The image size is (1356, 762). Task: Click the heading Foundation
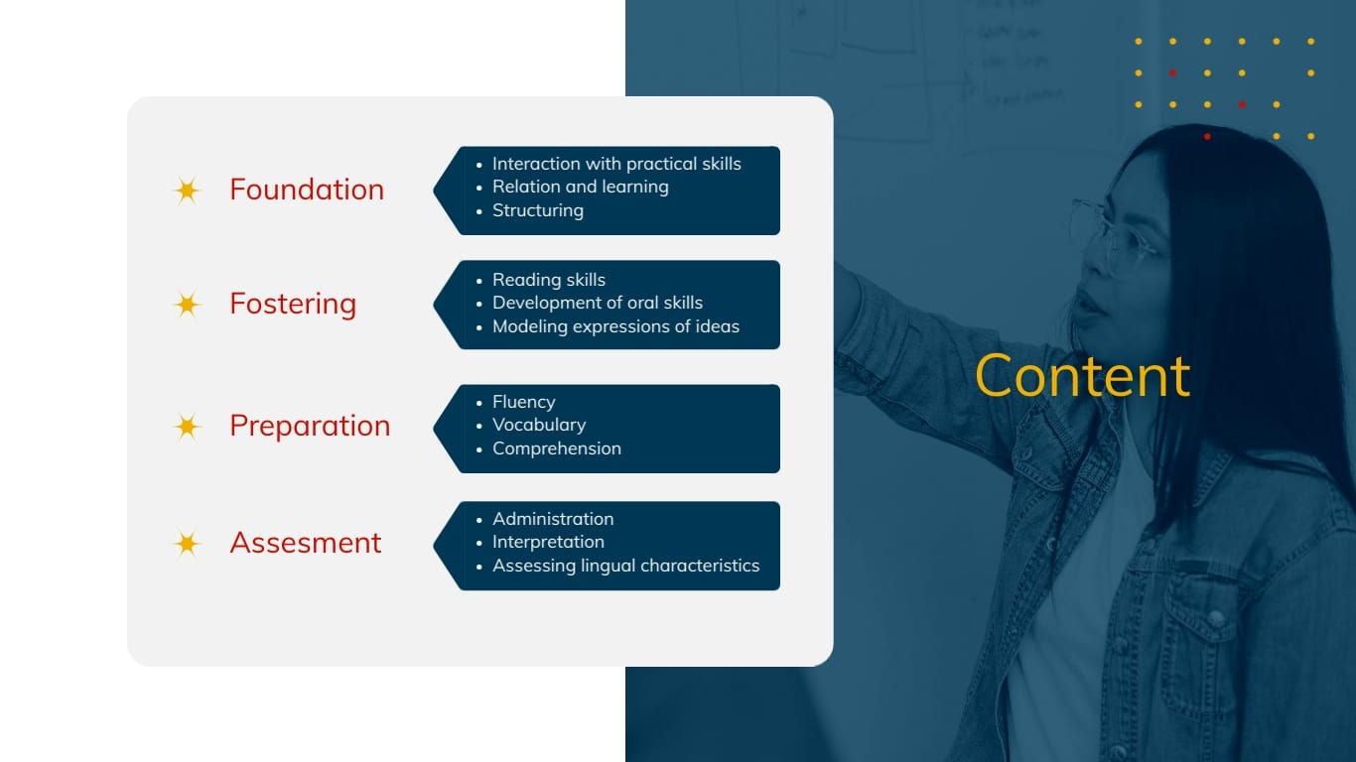pyautogui.click(x=307, y=190)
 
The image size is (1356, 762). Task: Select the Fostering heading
pyautogui.click(x=293, y=304)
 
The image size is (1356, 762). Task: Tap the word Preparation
pyautogui.click(x=310, y=426)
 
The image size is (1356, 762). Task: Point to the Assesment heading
pyautogui.click(x=306, y=543)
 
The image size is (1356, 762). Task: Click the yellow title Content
pyautogui.click(x=1082, y=376)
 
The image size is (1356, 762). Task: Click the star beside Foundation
pyautogui.click(x=187, y=190)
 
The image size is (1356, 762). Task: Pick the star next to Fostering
pyautogui.click(x=187, y=305)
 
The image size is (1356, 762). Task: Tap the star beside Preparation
pyautogui.click(x=187, y=427)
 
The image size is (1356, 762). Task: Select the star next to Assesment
pyautogui.click(x=187, y=544)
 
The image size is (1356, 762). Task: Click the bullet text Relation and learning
pyautogui.click(x=581, y=187)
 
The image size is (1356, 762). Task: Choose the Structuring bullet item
pyautogui.click(x=538, y=210)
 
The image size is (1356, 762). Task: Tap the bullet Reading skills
pyautogui.click(x=549, y=280)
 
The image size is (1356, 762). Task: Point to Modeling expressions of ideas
pyautogui.click(x=615, y=326)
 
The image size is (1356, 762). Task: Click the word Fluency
pyautogui.click(x=523, y=402)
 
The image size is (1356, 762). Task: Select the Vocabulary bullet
pyautogui.click(x=539, y=425)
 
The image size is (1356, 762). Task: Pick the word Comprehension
pyautogui.click(x=557, y=448)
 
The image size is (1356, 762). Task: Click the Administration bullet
pyautogui.click(x=553, y=519)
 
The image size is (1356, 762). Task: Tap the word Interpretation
pyautogui.click(x=548, y=542)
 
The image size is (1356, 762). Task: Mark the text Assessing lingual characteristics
pyautogui.click(x=626, y=566)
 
